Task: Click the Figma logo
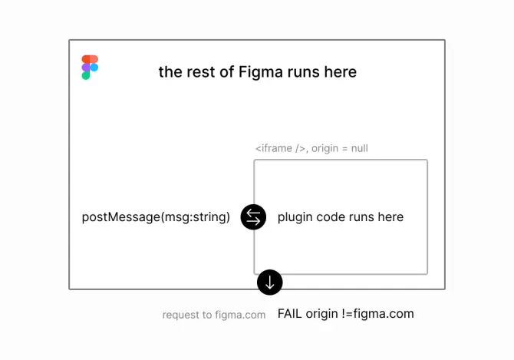point(90,68)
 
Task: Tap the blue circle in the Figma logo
point(94,68)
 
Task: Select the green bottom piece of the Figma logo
point(86,76)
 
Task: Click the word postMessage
point(117,217)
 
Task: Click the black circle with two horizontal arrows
point(253,217)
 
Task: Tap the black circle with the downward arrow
point(269,282)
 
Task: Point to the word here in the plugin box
point(390,217)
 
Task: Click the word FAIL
point(290,313)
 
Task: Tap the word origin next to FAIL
point(323,313)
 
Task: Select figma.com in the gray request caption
point(239,315)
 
